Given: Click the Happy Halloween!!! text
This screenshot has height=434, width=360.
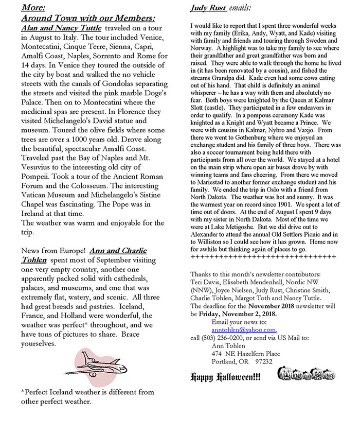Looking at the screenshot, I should tap(226, 377).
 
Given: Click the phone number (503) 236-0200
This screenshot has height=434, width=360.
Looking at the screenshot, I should tap(222, 338).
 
